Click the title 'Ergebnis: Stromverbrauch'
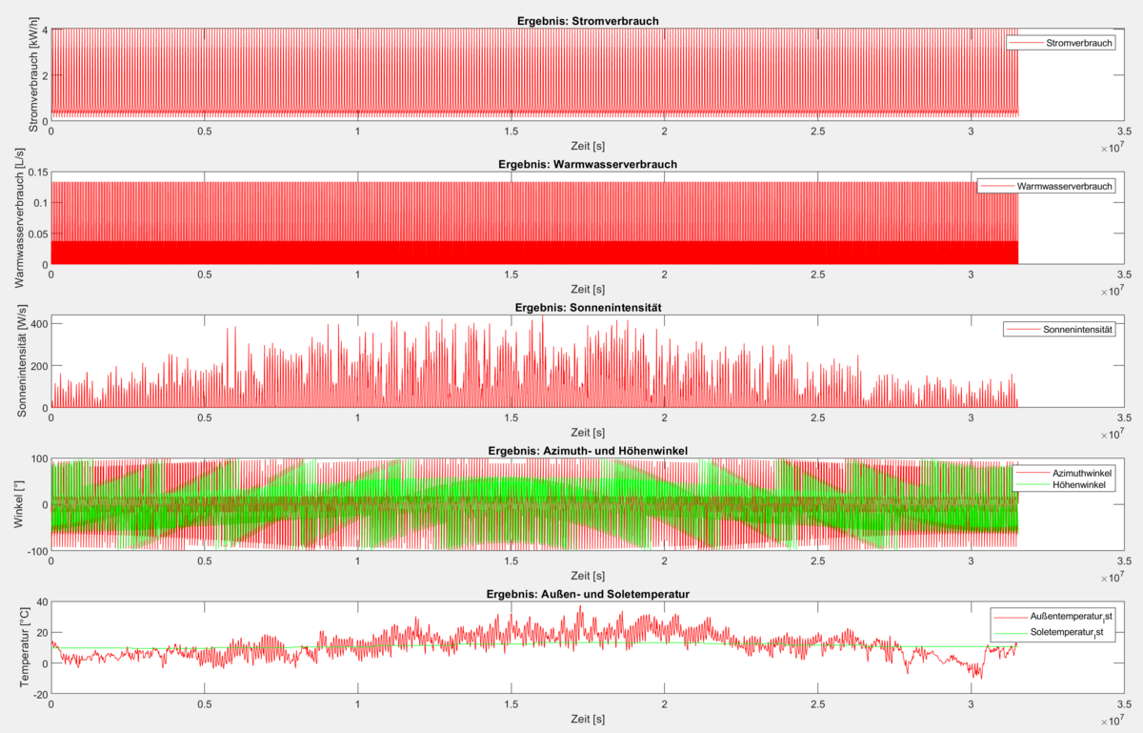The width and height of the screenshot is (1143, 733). pyautogui.click(x=587, y=20)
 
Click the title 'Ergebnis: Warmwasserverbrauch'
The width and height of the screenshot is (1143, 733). pyautogui.click(x=587, y=164)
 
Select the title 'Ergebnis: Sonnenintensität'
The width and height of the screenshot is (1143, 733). pyautogui.click(x=587, y=307)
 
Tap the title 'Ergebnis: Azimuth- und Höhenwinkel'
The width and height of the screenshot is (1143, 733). pyautogui.click(x=587, y=450)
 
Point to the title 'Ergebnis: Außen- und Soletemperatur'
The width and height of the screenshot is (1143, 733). pyautogui.click(x=587, y=594)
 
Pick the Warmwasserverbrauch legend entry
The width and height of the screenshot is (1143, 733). pyautogui.click(x=1064, y=186)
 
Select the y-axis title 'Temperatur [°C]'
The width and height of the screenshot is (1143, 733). pyautogui.click(x=23, y=648)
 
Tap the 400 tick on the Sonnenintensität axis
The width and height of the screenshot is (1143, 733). pyautogui.click(x=38, y=325)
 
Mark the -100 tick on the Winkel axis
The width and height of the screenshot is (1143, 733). pyautogui.click(x=36, y=551)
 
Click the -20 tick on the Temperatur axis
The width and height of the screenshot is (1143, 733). pyautogui.click(x=39, y=694)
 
